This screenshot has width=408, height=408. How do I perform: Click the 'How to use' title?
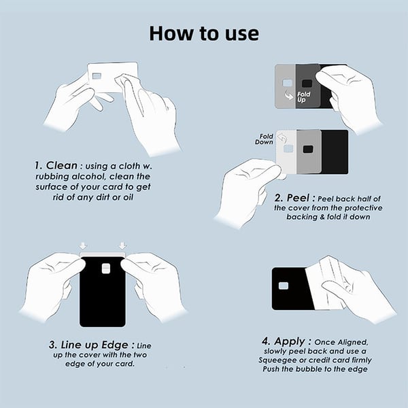(x=204, y=33)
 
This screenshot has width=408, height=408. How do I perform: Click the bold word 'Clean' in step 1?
(x=62, y=165)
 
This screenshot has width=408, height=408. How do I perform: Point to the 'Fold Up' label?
(x=303, y=97)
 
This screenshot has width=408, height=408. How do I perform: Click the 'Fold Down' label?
(x=264, y=139)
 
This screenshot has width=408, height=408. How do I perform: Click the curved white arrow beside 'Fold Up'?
(x=288, y=95)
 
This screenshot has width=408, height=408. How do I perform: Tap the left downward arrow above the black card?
(x=83, y=246)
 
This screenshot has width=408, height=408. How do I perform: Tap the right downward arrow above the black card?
(x=122, y=246)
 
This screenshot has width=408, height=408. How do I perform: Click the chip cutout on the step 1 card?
(x=97, y=76)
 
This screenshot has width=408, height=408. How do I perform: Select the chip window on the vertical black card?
(x=106, y=269)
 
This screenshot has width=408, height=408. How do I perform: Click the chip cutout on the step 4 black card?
(x=283, y=286)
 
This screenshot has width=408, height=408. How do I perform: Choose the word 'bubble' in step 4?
(x=310, y=369)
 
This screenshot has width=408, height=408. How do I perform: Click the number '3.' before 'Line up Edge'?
(x=53, y=345)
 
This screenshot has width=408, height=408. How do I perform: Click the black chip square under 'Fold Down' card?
(x=308, y=150)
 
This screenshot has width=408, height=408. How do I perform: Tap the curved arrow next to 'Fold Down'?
(x=282, y=138)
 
